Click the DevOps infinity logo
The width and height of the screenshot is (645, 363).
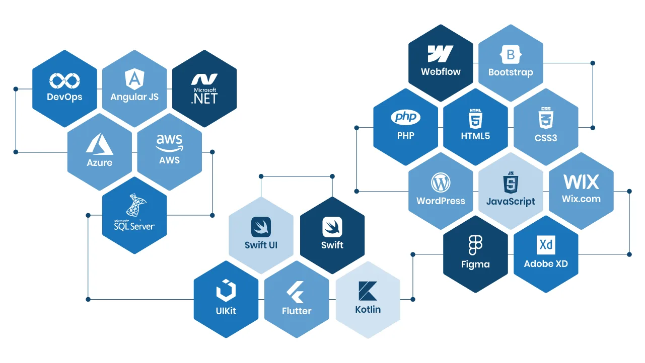(64, 80)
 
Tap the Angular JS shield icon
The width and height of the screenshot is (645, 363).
(134, 79)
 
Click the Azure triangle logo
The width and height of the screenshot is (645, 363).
(99, 143)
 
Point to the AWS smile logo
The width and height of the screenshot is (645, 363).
(169, 141)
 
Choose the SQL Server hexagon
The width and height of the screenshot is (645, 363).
(134, 215)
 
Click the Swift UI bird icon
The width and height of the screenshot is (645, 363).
(261, 227)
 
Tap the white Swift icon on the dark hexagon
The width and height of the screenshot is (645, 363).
(332, 227)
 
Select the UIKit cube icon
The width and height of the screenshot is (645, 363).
(226, 291)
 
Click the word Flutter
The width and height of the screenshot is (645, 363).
(297, 311)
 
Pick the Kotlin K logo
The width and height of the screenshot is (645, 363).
(368, 291)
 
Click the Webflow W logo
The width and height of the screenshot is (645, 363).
(441, 54)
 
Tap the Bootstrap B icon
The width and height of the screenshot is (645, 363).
(511, 54)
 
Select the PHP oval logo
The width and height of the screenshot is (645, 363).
(406, 118)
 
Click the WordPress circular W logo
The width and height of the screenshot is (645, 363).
(441, 183)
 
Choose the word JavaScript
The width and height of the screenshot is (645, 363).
(511, 202)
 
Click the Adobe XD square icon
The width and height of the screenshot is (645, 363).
(546, 245)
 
